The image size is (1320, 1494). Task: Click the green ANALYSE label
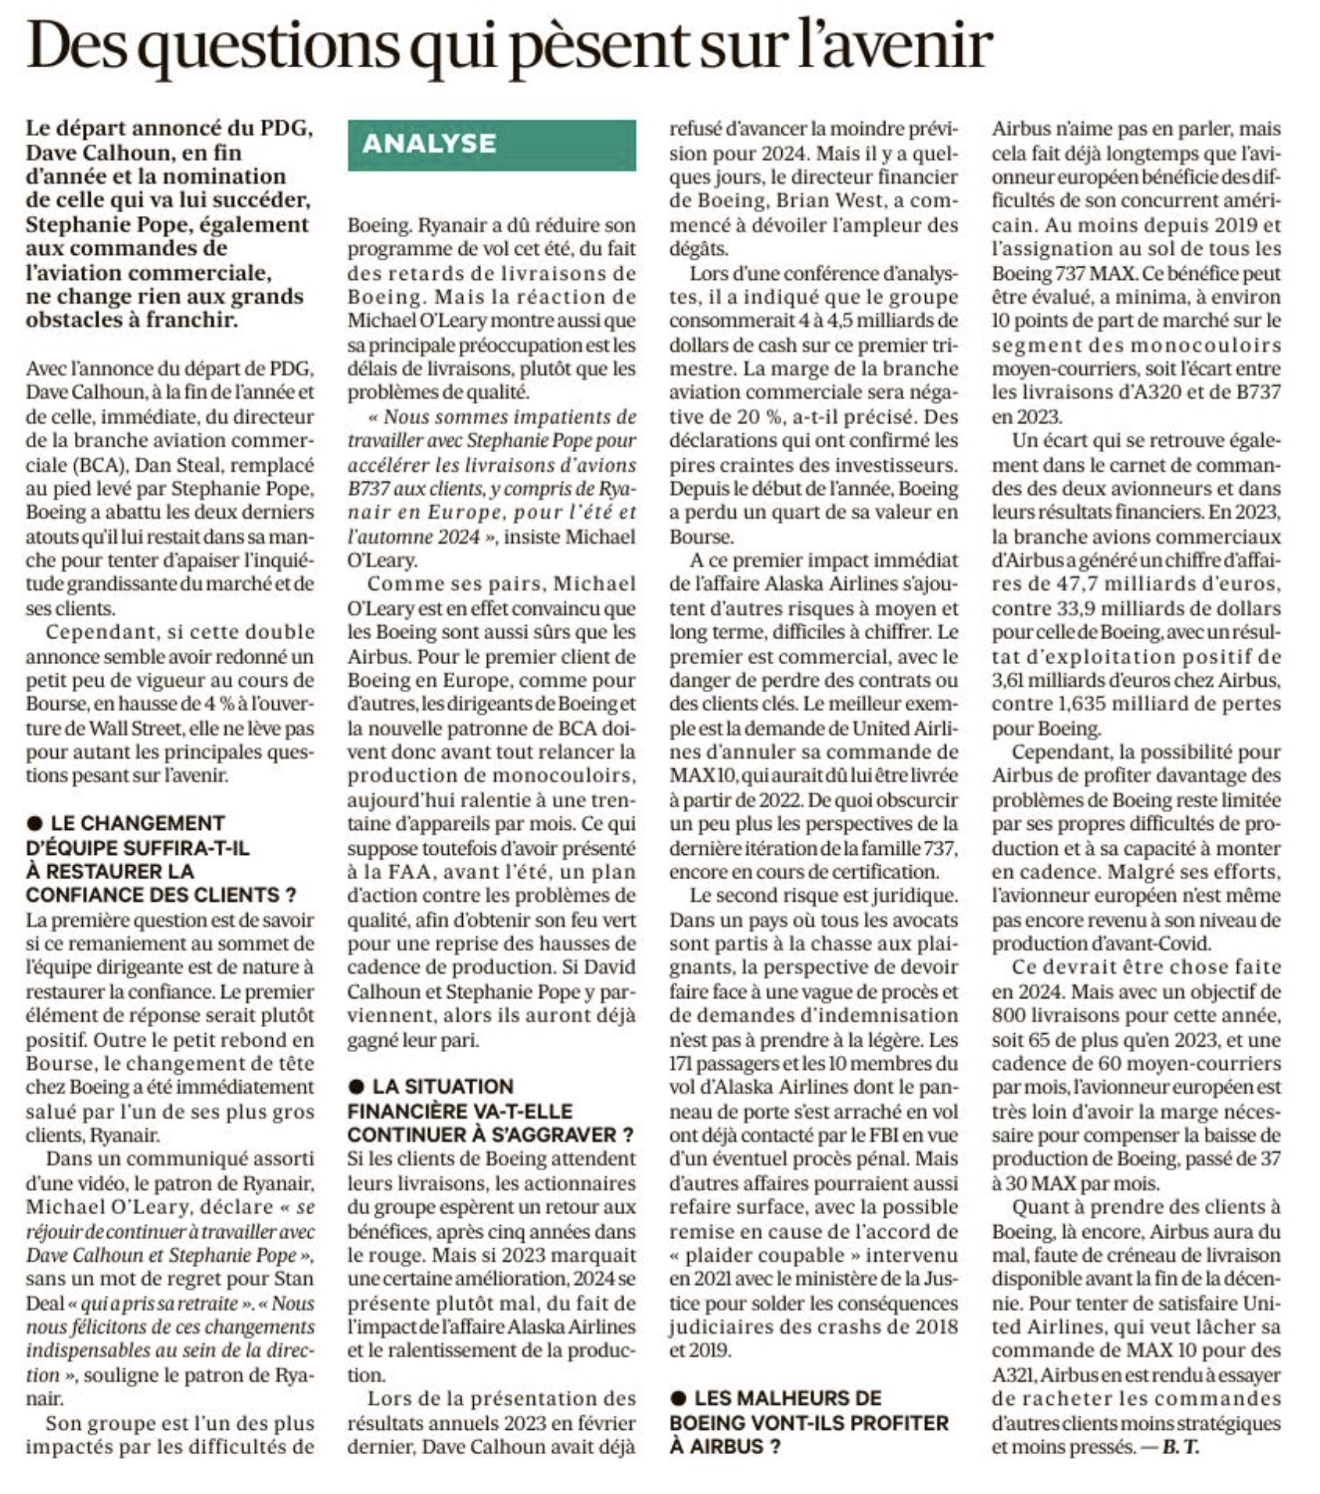pos(491,145)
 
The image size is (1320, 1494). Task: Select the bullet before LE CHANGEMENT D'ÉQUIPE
pos(34,823)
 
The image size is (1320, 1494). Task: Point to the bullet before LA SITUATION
pos(357,1086)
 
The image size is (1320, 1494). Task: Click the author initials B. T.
pos(1181,1446)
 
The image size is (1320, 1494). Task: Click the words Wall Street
pos(135,728)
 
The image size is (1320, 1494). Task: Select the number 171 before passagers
pos(682,1063)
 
